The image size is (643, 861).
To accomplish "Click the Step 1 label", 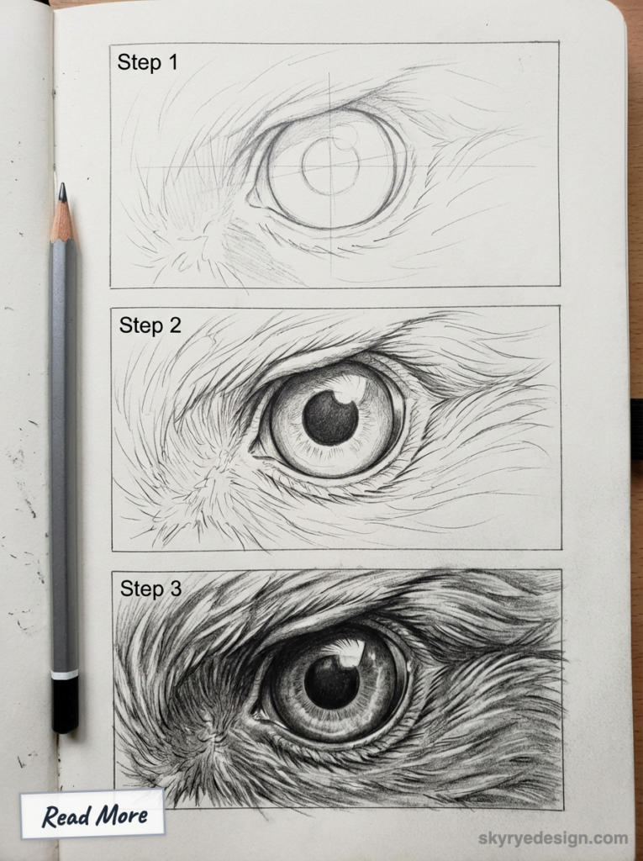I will click(x=147, y=62).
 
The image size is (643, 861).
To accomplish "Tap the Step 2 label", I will click(x=150, y=325).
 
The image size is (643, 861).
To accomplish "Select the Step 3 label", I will click(x=150, y=589).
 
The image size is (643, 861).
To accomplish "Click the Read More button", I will click(x=92, y=814).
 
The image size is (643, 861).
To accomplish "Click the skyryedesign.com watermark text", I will click(x=553, y=837).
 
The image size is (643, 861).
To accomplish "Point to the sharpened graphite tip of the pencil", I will click(x=62, y=193).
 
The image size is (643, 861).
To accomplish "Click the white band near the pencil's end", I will click(x=65, y=673).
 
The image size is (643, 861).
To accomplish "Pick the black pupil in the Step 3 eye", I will click(x=331, y=680).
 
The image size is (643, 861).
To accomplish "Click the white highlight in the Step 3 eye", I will click(x=351, y=652).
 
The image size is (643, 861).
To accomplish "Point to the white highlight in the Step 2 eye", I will click(x=350, y=388).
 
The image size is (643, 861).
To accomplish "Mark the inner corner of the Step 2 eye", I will click(x=255, y=452).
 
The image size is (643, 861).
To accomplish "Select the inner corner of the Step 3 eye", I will click(x=257, y=715).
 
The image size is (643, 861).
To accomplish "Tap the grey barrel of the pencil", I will click(x=64, y=454).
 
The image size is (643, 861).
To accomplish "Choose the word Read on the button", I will click(x=66, y=815).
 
